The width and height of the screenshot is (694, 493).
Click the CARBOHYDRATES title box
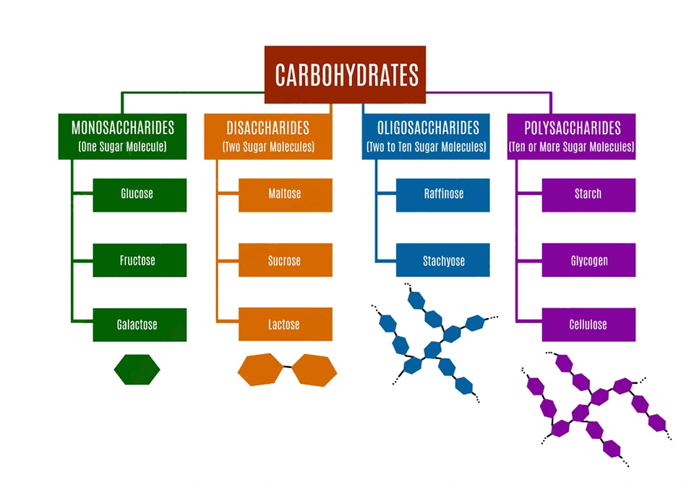[345, 75]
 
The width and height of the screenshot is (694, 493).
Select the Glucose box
[140, 194]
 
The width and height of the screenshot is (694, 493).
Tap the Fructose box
[140, 260]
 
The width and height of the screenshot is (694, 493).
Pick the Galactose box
[140, 325]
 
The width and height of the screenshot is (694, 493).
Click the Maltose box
[285, 194]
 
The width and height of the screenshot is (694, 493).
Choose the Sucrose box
[285, 260]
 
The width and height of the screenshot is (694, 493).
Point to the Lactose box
[285, 325]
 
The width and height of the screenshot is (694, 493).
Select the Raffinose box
[442, 194]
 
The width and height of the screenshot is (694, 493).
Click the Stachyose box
[442, 260]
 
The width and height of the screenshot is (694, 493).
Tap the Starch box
[588, 194]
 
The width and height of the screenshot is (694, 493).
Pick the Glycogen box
[588, 260]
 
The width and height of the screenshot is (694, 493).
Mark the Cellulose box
[588, 325]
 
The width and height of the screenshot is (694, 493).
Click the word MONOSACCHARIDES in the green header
[122, 128]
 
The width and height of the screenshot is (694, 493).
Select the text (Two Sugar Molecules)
[268, 147]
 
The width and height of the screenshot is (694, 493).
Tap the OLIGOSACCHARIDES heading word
[428, 128]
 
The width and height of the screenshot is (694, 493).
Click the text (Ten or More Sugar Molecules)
[571, 147]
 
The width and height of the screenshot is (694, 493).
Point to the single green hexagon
[137, 369]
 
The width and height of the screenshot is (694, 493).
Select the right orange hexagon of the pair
[314, 369]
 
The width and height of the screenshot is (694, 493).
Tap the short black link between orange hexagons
[287, 367]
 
